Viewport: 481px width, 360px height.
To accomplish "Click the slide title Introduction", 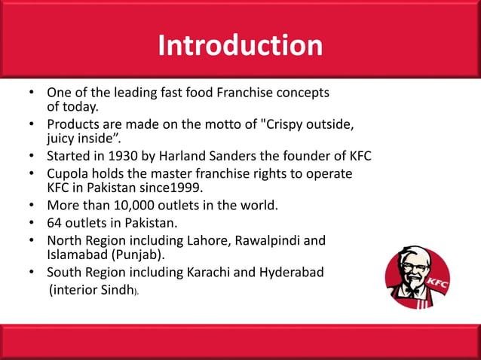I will click(x=240, y=46).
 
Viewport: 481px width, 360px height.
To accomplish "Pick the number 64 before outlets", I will click(x=56, y=224).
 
